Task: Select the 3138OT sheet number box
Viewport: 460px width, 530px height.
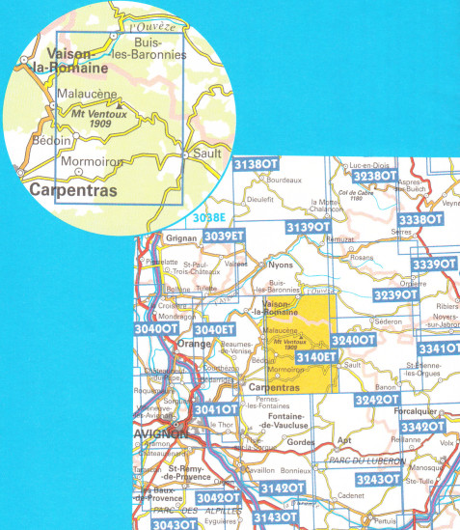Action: click(x=257, y=165)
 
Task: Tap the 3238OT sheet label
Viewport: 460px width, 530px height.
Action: click(x=374, y=178)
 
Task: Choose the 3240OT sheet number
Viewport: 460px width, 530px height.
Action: click(x=352, y=341)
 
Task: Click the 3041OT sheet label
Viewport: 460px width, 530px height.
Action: click(x=216, y=409)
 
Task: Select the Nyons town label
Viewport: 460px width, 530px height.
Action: click(x=281, y=264)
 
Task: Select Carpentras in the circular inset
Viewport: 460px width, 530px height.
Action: click(x=73, y=191)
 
